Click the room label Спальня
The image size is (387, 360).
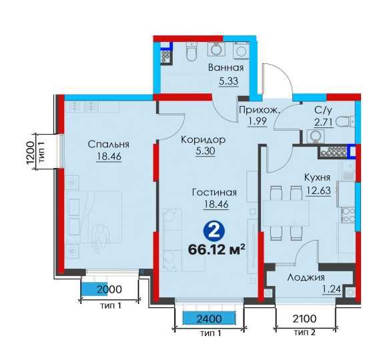(x=108, y=145)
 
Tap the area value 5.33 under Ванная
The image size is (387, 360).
(x=229, y=81)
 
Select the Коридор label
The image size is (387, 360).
(x=203, y=140)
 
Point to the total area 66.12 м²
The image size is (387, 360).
(x=216, y=250)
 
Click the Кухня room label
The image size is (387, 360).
(x=317, y=177)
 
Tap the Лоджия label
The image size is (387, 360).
(x=306, y=278)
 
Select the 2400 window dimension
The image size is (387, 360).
(x=210, y=319)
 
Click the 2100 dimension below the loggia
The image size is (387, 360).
(x=304, y=319)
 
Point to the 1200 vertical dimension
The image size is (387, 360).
(x=30, y=153)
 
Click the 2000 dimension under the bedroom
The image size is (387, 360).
(x=109, y=289)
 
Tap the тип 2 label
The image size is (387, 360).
(x=304, y=333)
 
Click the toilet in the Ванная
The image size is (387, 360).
(x=191, y=51)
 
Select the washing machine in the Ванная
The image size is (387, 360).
(x=241, y=51)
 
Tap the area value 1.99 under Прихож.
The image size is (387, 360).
(x=258, y=121)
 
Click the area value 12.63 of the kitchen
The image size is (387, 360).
(x=318, y=191)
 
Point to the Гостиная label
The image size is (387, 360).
(x=214, y=192)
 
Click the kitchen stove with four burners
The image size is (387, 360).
(x=348, y=215)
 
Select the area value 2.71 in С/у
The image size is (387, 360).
(x=324, y=122)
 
